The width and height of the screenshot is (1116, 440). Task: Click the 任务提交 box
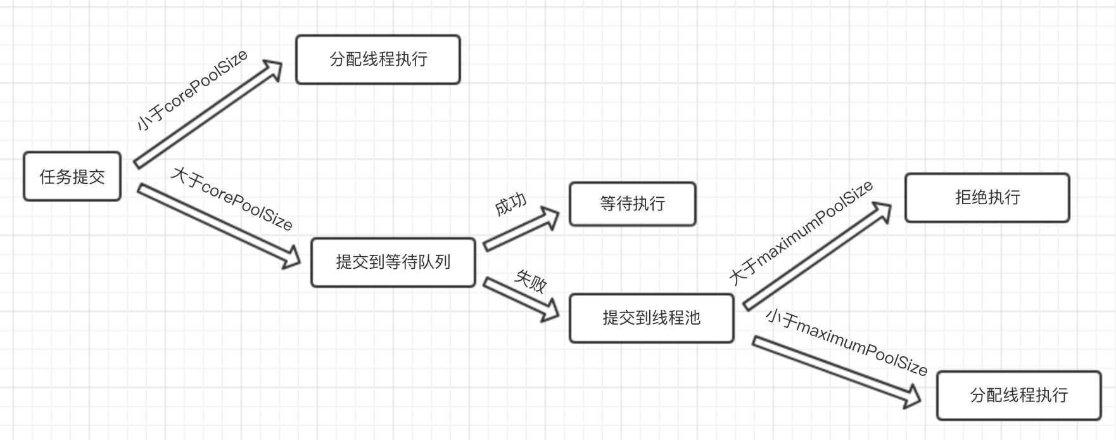tap(72, 176)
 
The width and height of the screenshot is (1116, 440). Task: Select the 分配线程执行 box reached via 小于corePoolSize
tap(378, 60)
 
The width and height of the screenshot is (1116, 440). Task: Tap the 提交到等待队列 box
tap(393, 262)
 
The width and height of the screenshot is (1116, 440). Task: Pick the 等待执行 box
tap(632, 204)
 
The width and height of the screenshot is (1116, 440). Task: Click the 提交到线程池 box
tap(651, 318)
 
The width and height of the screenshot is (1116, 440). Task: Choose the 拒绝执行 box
tap(987, 197)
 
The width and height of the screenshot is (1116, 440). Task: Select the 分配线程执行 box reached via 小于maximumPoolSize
tap(1018, 395)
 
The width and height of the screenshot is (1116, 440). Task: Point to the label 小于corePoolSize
tap(192, 91)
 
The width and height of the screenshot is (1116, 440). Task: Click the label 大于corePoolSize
tap(232, 198)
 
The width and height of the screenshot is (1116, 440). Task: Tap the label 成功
tap(510, 204)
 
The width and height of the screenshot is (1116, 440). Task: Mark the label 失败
tap(531, 281)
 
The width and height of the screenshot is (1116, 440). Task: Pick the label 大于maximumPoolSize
tap(802, 233)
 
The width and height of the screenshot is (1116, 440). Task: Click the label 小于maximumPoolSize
tap(846, 341)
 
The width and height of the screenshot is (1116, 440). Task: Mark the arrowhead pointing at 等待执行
tap(550, 217)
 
